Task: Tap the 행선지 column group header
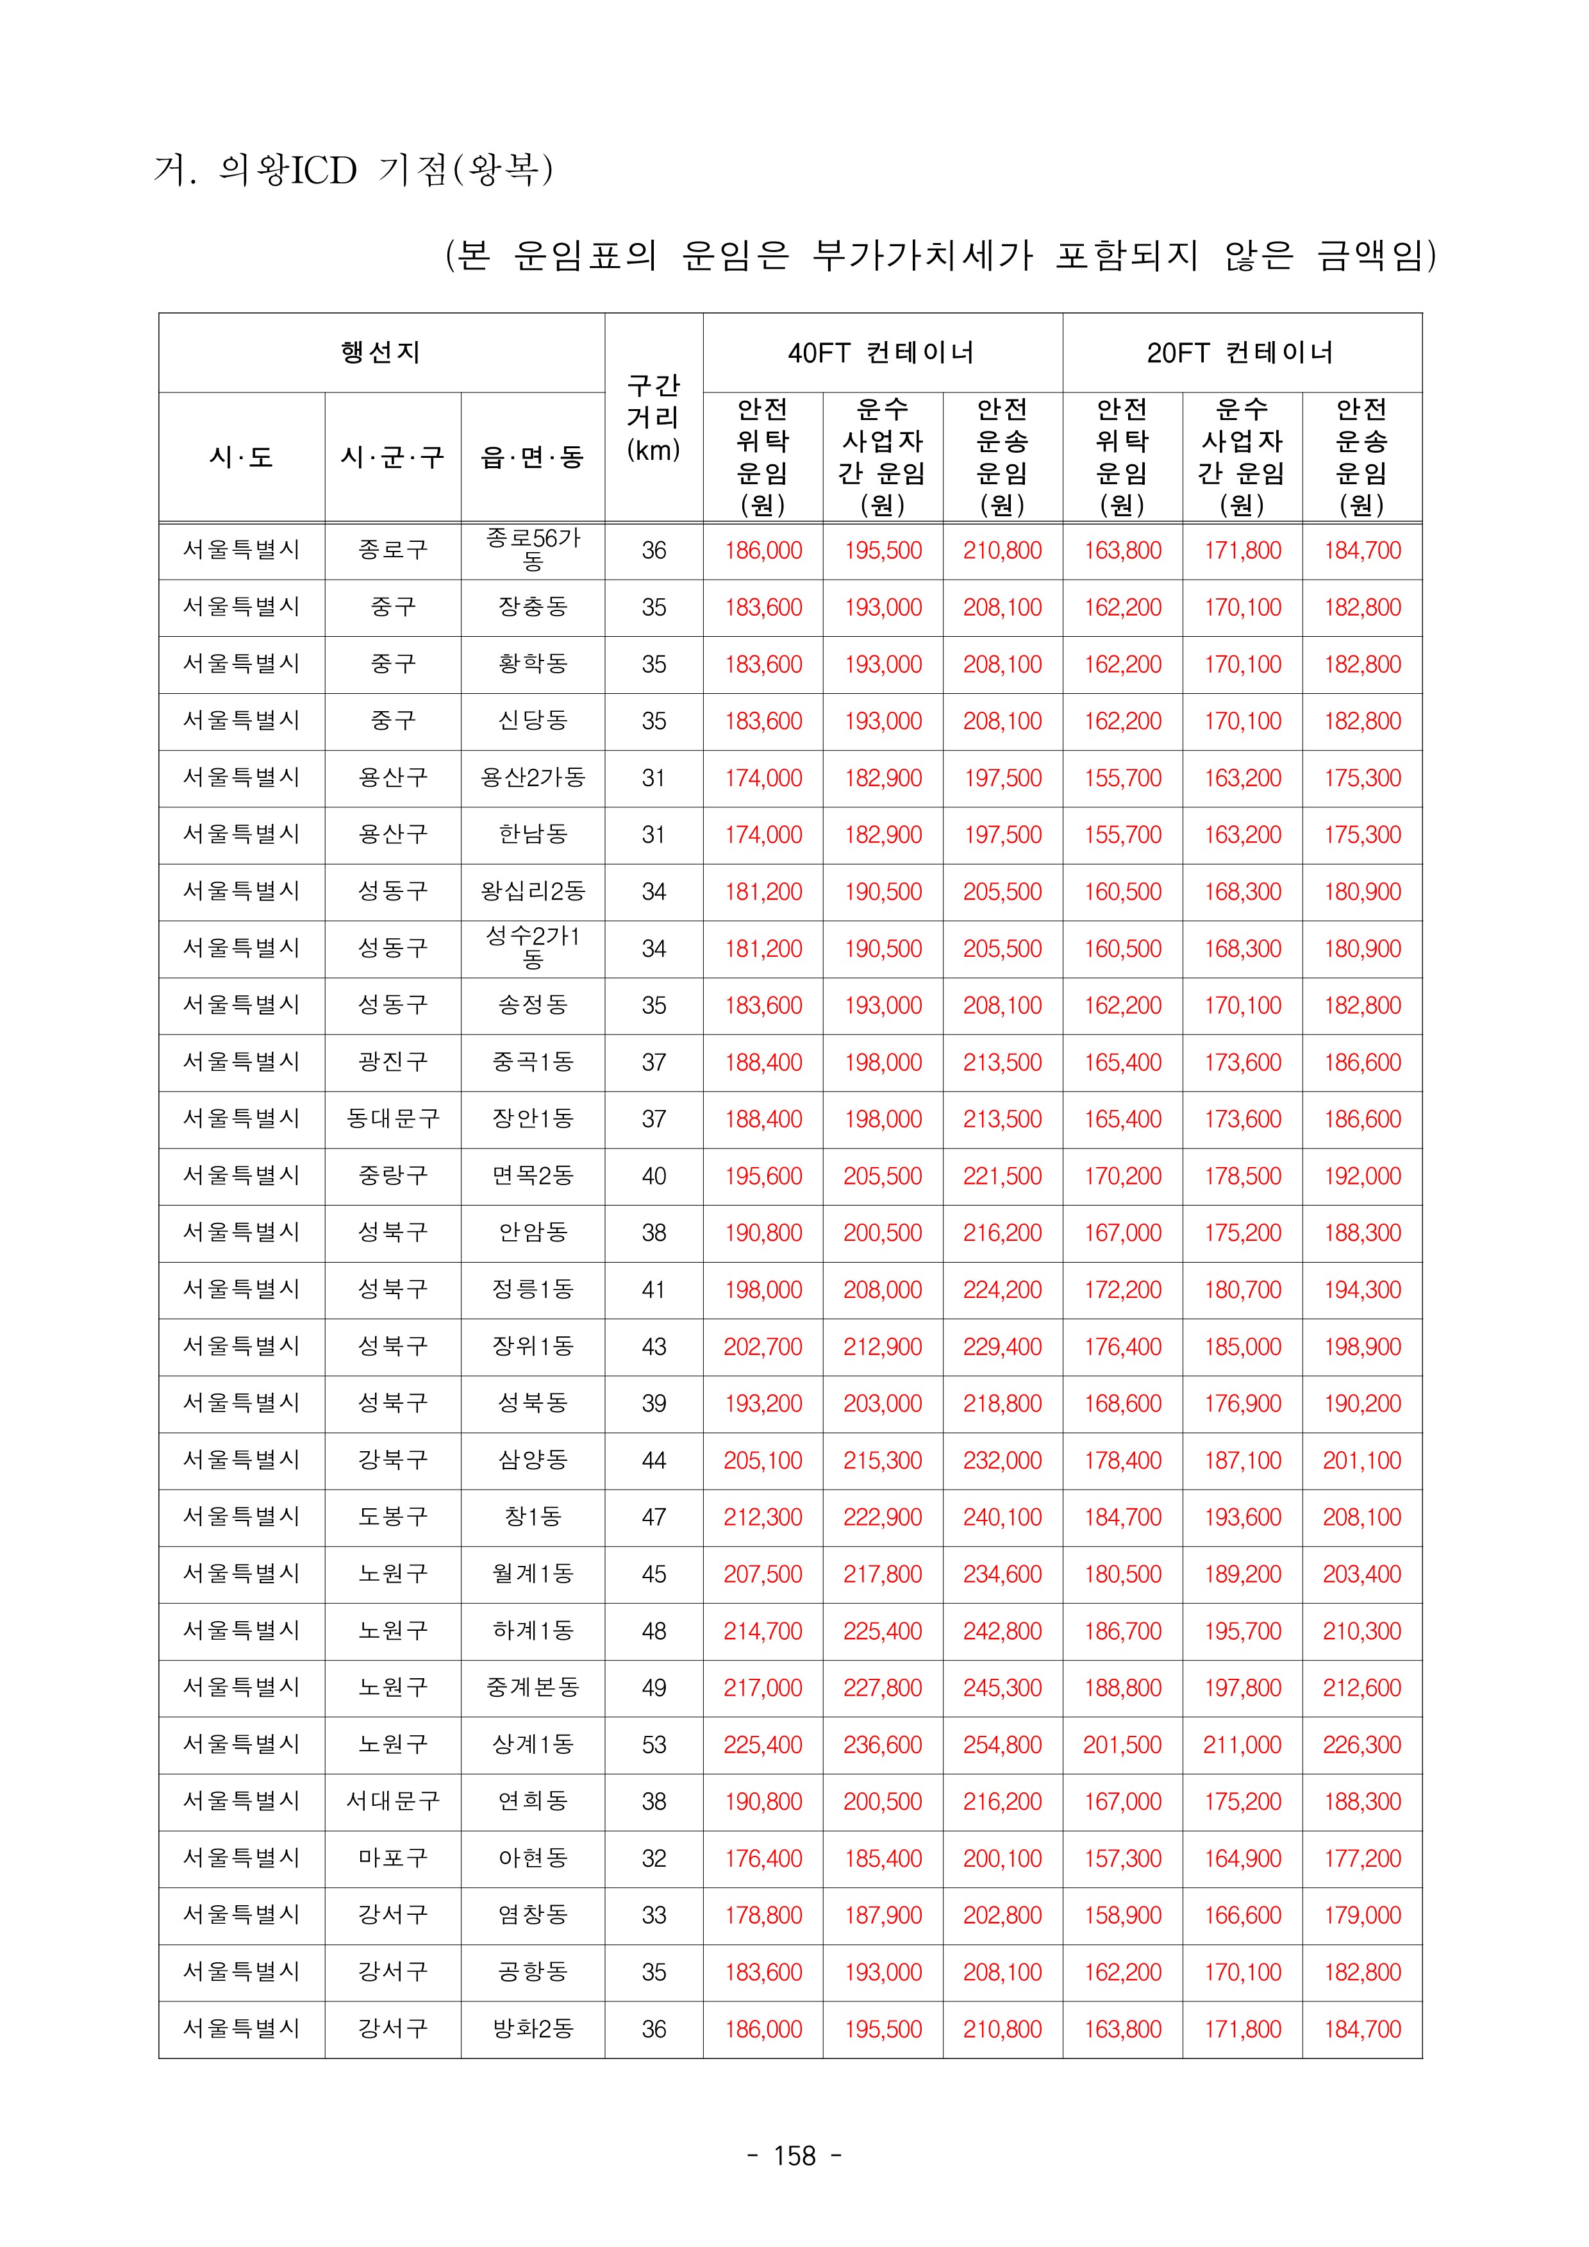coord(381,352)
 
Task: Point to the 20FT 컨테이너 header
coord(1241,352)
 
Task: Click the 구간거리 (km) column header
coord(654,417)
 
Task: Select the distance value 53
coord(654,1744)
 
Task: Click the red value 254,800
coord(1002,1744)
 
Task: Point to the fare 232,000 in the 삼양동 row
coord(1002,1460)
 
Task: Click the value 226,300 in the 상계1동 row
coord(1361,1744)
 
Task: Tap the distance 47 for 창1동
coord(654,1517)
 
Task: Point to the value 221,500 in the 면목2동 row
coord(1002,1175)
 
